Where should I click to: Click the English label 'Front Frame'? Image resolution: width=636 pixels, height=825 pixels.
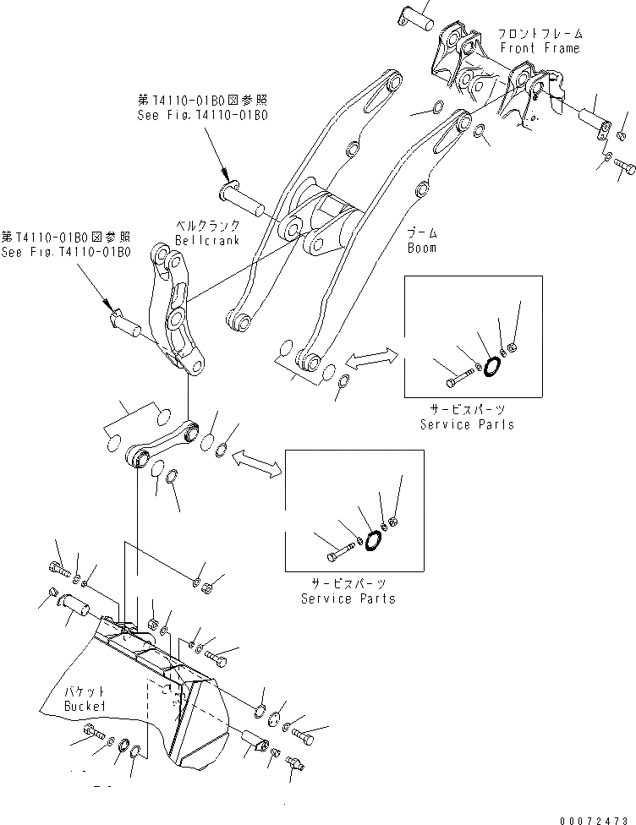pyautogui.click(x=539, y=48)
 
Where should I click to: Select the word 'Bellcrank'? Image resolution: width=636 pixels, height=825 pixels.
pyautogui.click(x=207, y=240)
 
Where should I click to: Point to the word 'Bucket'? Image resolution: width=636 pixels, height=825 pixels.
pyautogui.click(x=85, y=705)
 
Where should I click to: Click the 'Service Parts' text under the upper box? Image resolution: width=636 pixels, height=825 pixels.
pyautogui.click(x=466, y=423)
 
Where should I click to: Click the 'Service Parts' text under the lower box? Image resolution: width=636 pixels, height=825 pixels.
pyautogui.click(x=348, y=598)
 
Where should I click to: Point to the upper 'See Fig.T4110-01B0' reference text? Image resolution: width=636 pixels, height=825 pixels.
pyautogui.click(x=202, y=115)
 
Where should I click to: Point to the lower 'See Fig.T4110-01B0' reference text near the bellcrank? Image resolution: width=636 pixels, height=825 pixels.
pyautogui.click(x=66, y=251)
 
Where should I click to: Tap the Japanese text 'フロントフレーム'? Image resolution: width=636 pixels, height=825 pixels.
pyautogui.click(x=539, y=34)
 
